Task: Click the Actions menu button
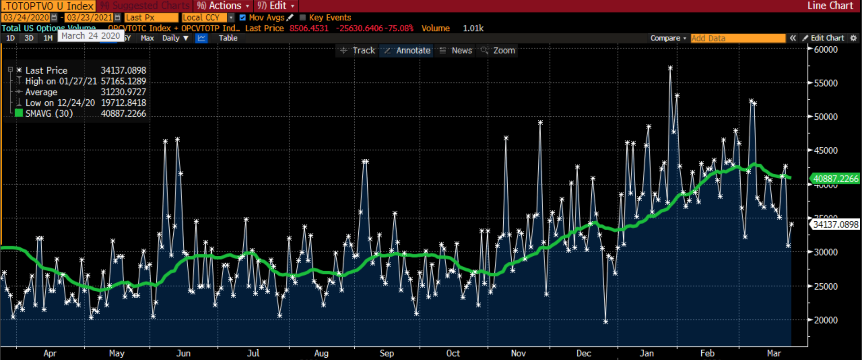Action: click(x=223, y=6)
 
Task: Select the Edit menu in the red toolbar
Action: click(x=276, y=6)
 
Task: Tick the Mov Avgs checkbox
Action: click(x=242, y=18)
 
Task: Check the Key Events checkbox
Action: click(x=303, y=18)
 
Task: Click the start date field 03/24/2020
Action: click(x=26, y=18)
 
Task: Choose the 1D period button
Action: click(x=10, y=38)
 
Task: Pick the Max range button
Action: click(x=147, y=38)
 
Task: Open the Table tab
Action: click(x=228, y=38)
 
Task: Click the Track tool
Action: click(x=358, y=51)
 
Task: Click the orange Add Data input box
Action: click(x=738, y=38)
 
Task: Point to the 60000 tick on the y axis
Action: click(x=825, y=50)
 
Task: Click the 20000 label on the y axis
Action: click(x=825, y=320)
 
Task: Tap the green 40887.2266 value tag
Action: click(x=835, y=179)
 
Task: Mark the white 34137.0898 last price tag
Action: click(x=835, y=224)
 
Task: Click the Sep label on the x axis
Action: click(x=387, y=353)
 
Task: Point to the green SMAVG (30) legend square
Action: click(x=19, y=113)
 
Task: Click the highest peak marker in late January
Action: click(x=670, y=69)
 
